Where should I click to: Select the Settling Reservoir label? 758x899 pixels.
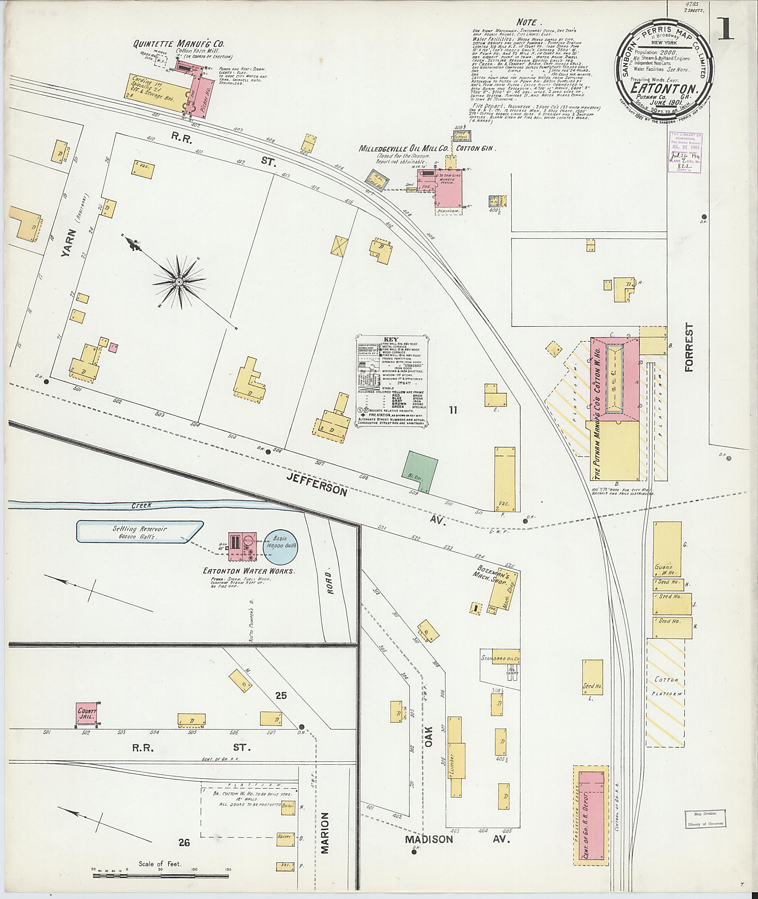click(x=140, y=531)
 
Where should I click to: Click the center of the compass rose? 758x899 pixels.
click(x=179, y=282)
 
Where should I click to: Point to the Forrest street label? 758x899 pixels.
click(x=690, y=347)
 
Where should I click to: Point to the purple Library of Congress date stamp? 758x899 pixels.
click(x=687, y=152)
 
